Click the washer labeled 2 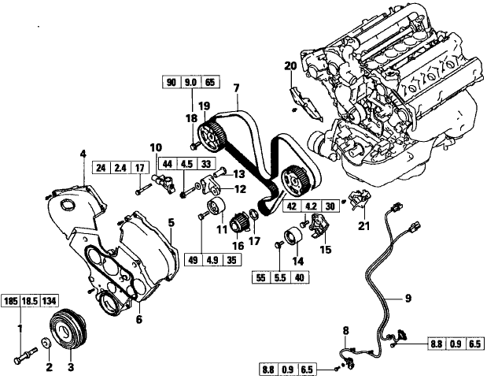(x=47, y=344)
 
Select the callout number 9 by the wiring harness (x=408, y=298)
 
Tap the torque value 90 (x=172, y=83)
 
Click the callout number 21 (x=363, y=226)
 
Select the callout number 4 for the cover (x=81, y=154)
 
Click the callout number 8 (x=344, y=329)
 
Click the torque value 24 (x=101, y=168)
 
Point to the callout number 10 (x=156, y=147)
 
